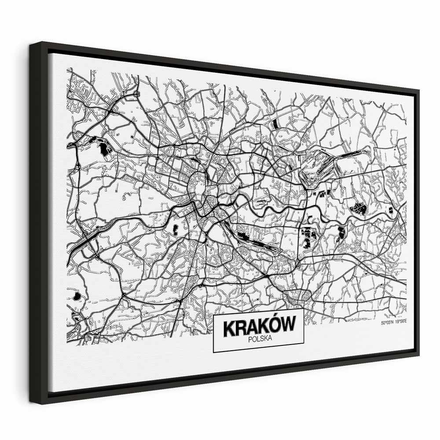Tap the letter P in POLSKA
pos(250,339)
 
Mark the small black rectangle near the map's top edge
pos(275,123)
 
